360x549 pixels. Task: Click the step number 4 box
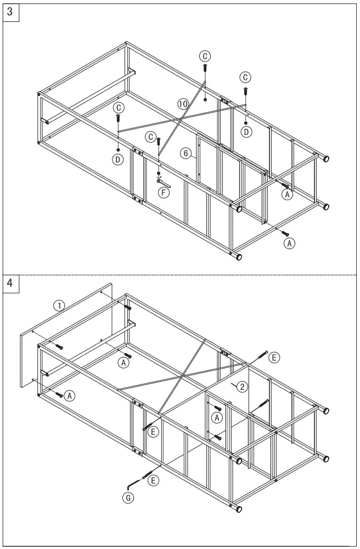[11, 284]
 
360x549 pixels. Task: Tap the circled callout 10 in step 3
[183, 103]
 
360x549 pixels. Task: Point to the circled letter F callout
[163, 192]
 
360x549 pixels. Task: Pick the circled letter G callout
[127, 497]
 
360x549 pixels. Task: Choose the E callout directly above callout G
[154, 481]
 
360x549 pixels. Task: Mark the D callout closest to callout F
[118, 160]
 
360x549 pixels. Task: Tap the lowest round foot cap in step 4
[238, 509]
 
